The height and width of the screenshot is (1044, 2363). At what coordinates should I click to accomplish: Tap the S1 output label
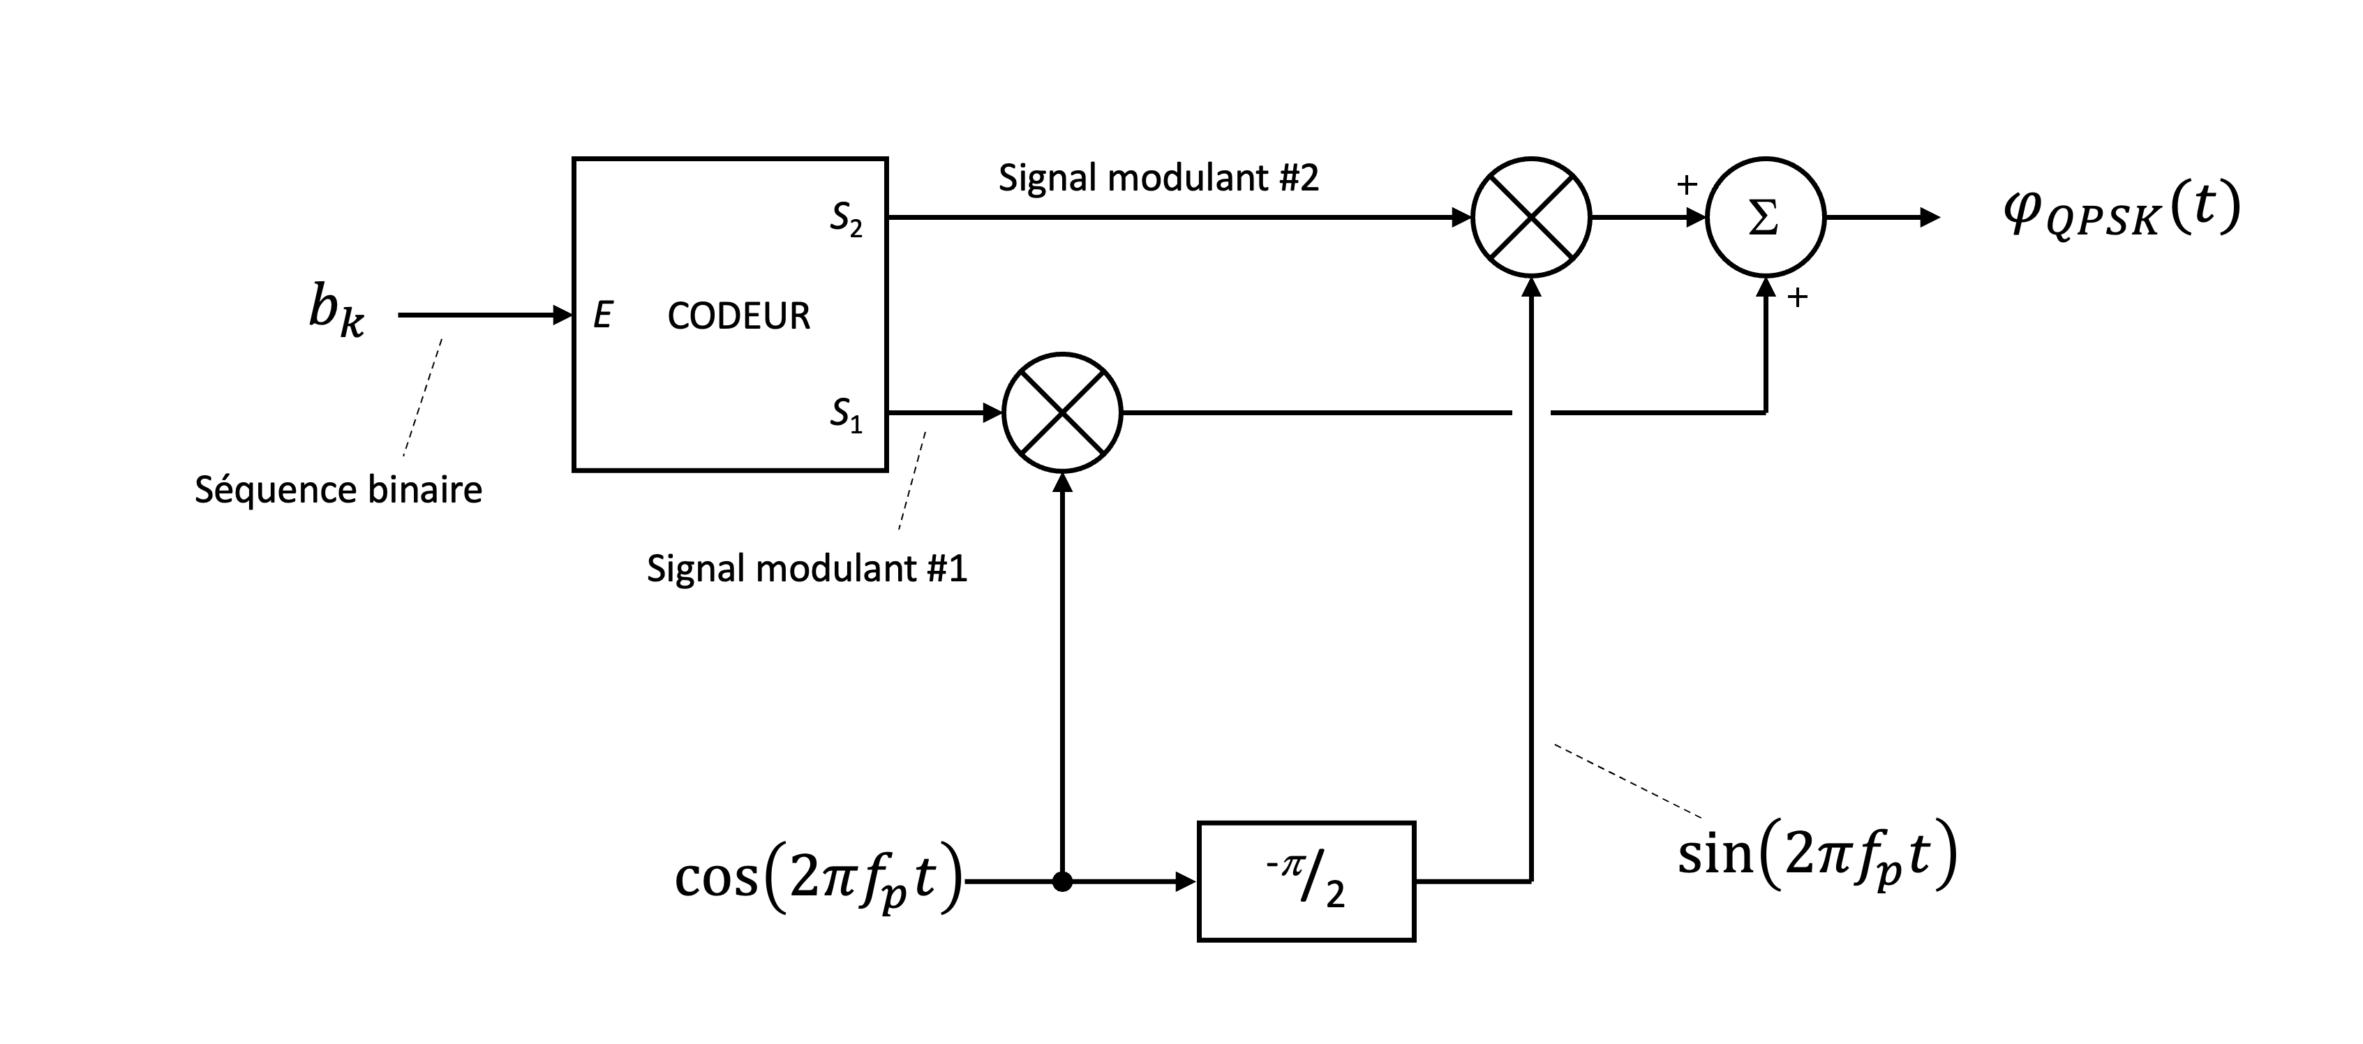[x=846, y=415]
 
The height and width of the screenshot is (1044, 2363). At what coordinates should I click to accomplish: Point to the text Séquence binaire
[x=338, y=490]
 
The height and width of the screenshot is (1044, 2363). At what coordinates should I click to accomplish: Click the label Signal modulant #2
[x=1158, y=178]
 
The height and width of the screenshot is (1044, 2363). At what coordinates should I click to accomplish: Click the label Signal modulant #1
[x=806, y=569]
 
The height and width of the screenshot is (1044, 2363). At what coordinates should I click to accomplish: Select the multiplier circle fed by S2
[x=1530, y=218]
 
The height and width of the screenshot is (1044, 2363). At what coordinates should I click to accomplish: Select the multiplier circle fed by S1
[x=1062, y=413]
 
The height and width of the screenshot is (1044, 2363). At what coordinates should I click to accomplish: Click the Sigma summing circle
[x=1765, y=218]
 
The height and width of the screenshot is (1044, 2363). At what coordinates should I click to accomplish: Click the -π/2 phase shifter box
[x=1306, y=881]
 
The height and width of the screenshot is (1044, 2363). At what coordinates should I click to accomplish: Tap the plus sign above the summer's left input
[x=1686, y=186]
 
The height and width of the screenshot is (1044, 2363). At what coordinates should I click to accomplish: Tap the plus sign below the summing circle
[x=1797, y=297]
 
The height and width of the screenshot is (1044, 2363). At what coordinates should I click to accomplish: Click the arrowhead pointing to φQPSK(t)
[x=1930, y=218]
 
